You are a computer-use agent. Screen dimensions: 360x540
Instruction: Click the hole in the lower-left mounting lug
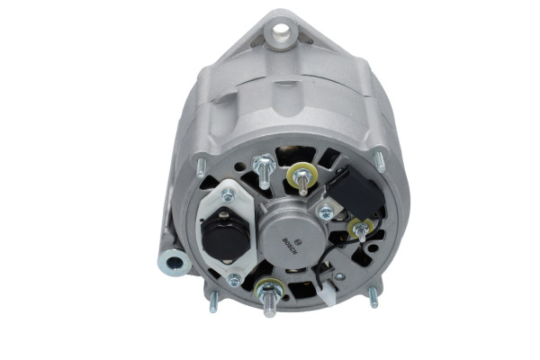point(173,263)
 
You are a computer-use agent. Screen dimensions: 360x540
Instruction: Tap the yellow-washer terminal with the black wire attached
point(362,230)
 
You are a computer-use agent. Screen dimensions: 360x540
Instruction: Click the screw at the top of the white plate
point(228,194)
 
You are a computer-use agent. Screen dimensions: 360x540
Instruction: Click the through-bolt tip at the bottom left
point(213,301)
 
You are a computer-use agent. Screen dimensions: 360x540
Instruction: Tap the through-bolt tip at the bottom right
point(373,298)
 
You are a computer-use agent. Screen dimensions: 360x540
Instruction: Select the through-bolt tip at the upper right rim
point(379,160)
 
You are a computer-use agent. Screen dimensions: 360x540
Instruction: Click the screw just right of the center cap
point(326,213)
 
